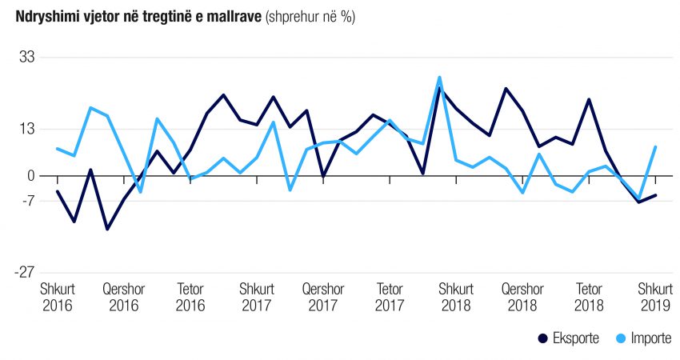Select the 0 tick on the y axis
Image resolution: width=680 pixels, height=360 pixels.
point(30,176)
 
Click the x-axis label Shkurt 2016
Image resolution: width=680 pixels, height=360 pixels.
point(57,297)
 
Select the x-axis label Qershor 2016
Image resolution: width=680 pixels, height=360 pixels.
point(123,297)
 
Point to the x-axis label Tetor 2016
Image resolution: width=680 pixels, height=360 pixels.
point(190,297)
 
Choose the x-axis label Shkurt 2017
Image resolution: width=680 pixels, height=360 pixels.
point(256,297)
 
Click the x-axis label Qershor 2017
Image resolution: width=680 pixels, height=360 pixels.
point(323,297)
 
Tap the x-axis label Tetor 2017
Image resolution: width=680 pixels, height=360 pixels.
point(390,297)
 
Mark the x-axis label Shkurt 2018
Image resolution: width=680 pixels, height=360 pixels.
point(456,297)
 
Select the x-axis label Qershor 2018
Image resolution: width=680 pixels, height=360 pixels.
point(522,297)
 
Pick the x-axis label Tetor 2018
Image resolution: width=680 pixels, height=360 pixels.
point(589,297)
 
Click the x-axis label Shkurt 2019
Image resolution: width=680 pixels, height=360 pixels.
point(655,297)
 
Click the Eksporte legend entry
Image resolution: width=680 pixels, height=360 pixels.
point(570,338)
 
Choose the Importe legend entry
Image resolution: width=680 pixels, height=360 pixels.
point(644,338)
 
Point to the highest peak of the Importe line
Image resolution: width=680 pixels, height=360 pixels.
point(439,78)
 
